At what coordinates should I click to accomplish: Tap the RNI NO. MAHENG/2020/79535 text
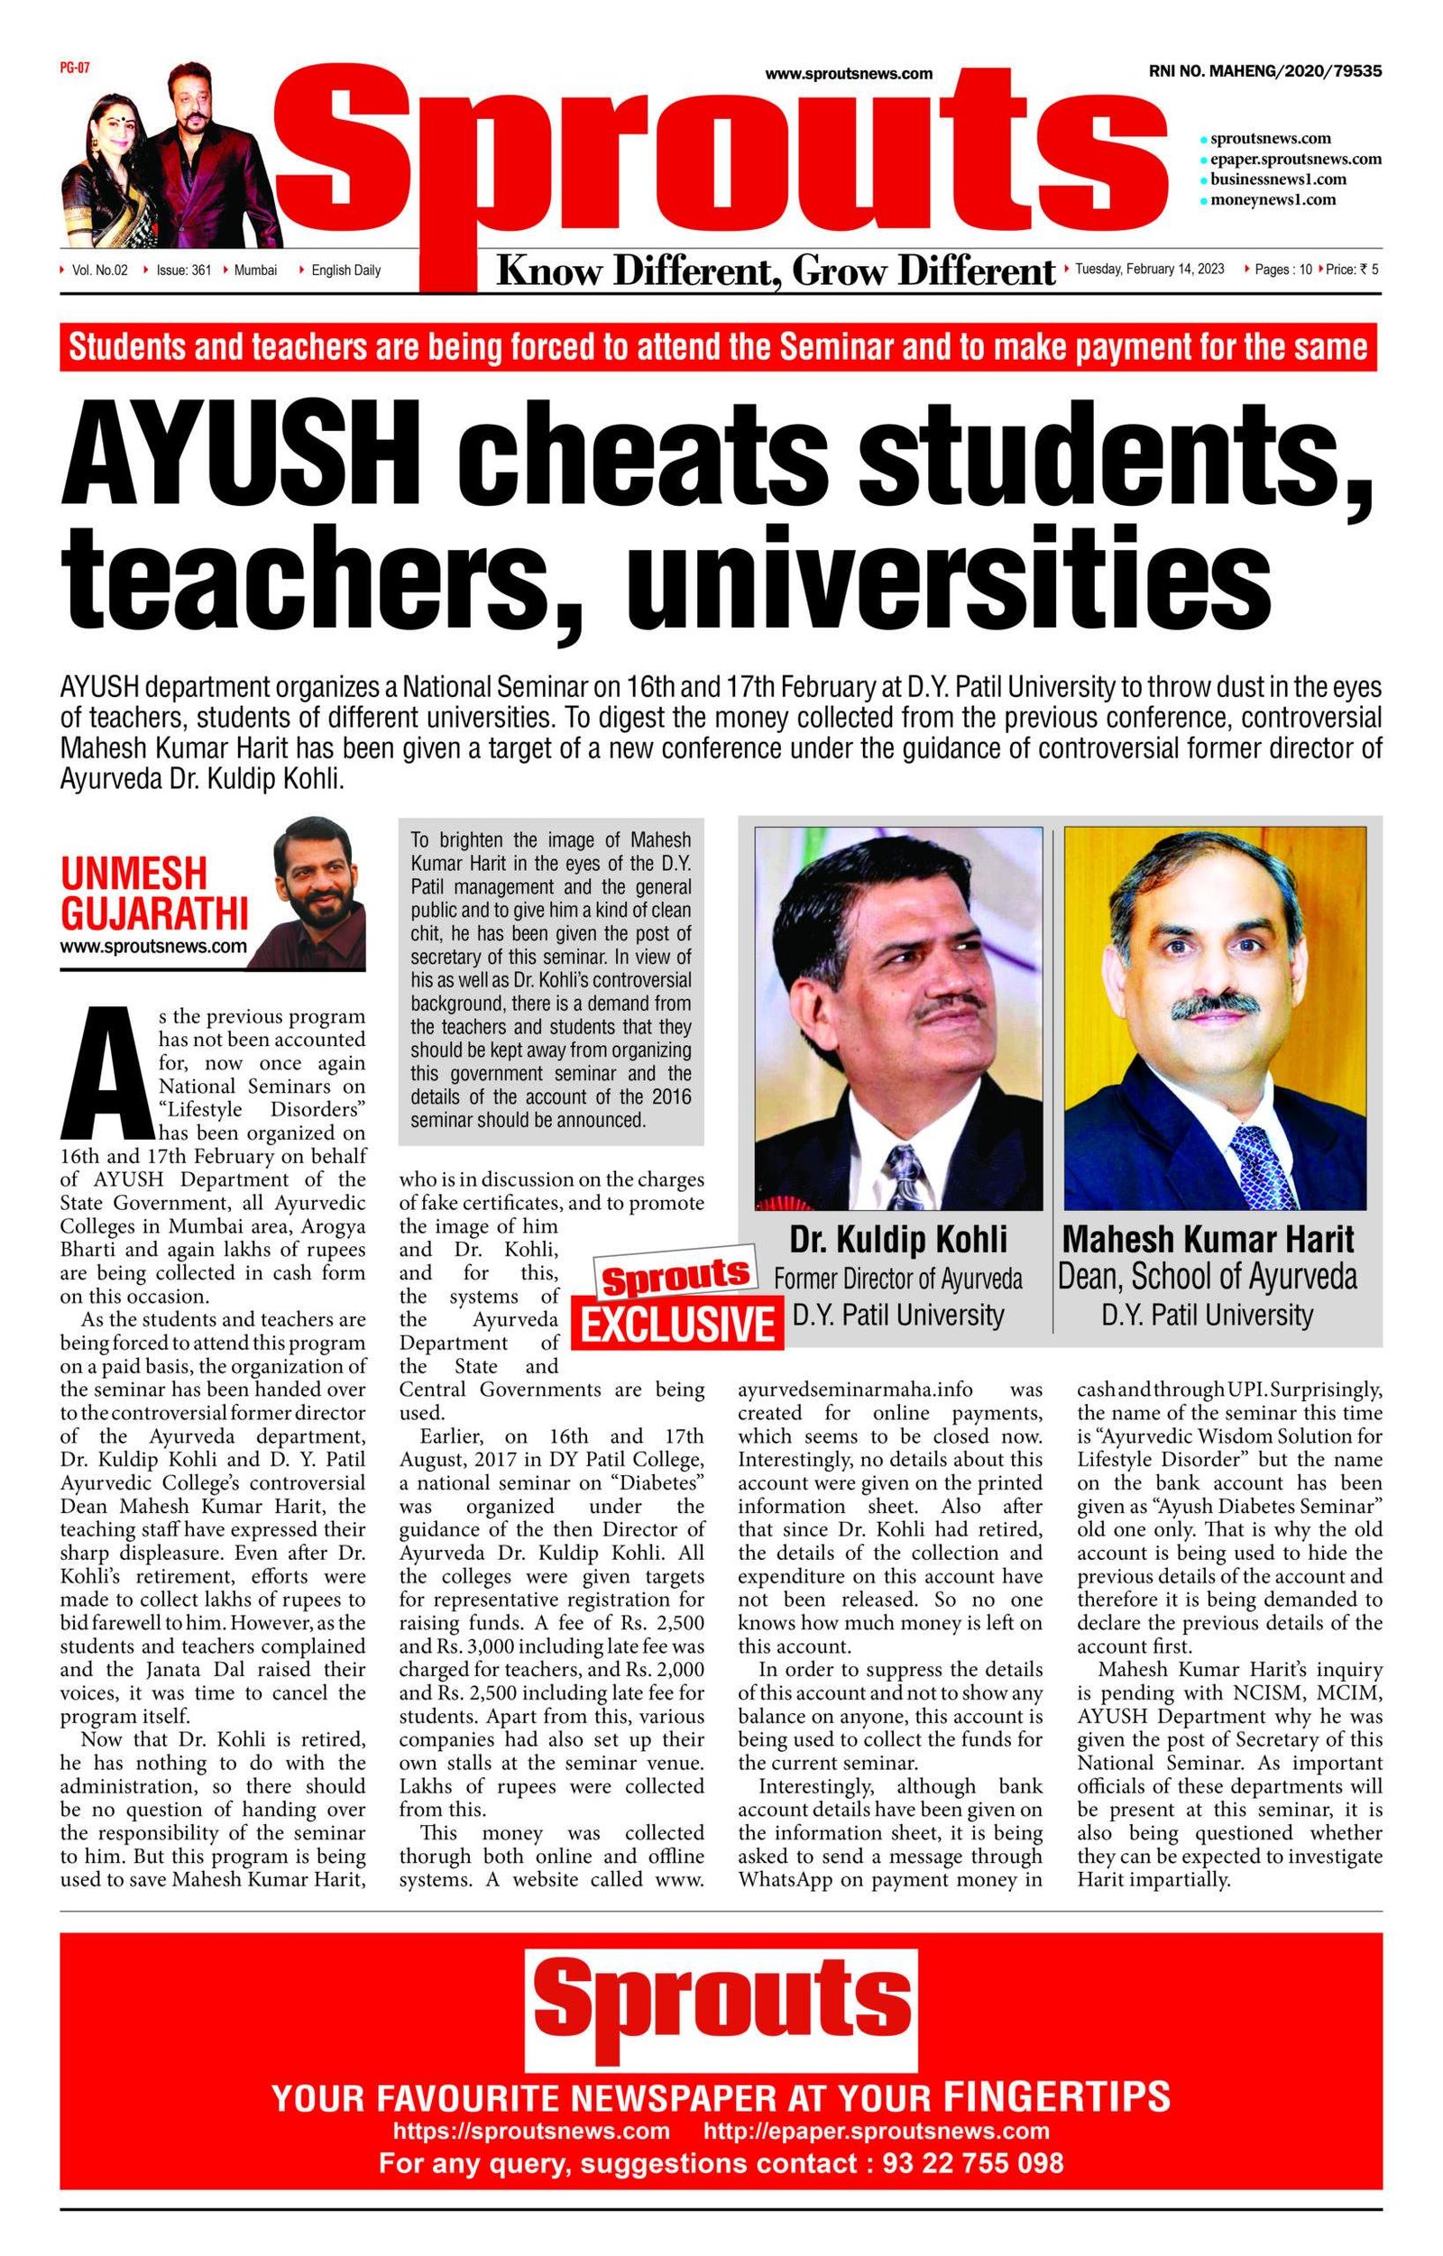pos(1264,71)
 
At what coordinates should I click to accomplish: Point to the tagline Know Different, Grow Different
pos(775,271)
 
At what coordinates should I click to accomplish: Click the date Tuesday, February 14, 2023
pos(1149,270)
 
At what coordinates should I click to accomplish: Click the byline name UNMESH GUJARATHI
pos(153,893)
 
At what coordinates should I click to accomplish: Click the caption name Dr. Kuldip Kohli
pos(897,1240)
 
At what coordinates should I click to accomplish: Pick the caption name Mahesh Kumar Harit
pos(1208,1240)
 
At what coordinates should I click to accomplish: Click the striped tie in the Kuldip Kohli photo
pos(905,1176)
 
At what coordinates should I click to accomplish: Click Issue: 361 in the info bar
pos(183,271)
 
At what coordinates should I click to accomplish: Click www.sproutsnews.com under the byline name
pos(153,946)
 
